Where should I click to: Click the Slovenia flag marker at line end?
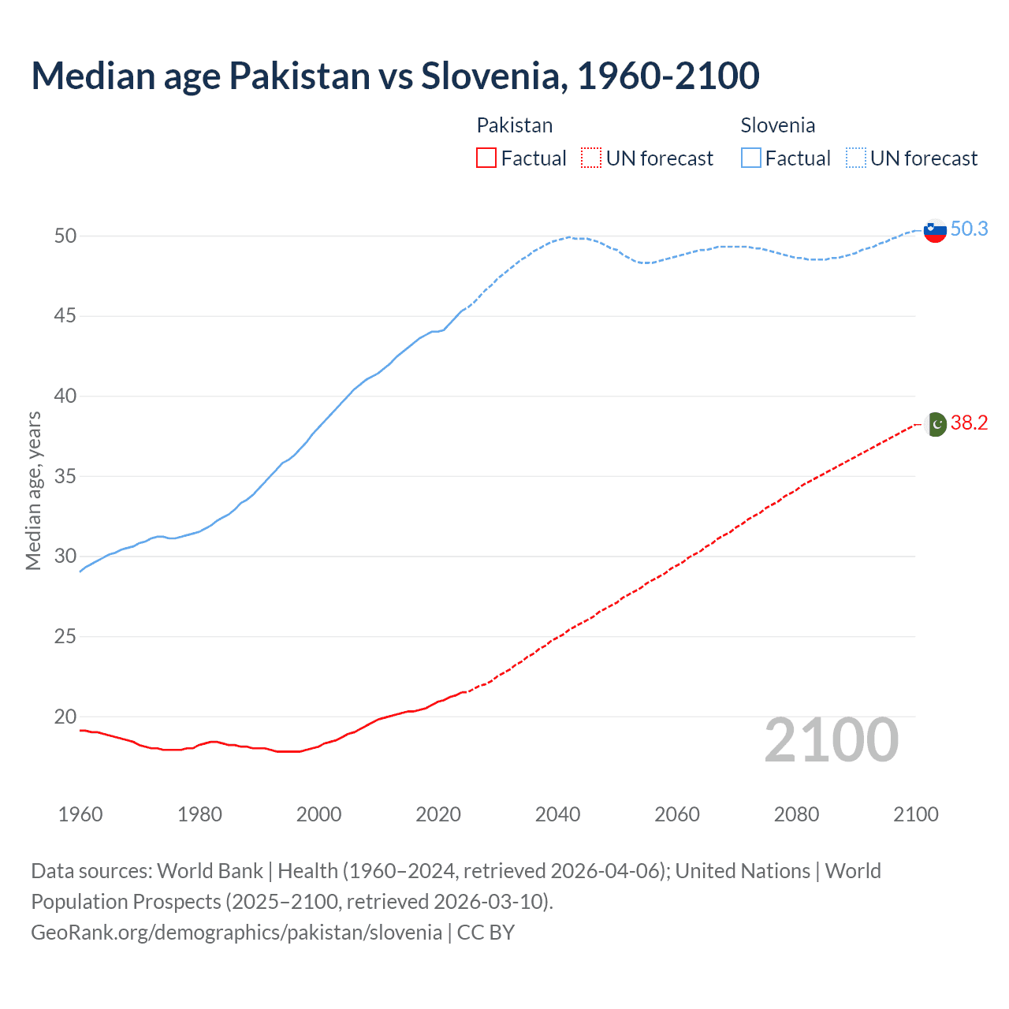934,230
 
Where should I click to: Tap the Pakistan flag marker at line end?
935,424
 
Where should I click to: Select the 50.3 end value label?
969,229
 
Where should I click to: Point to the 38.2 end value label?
969,423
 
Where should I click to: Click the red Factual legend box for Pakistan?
486,158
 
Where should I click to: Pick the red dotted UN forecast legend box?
591,158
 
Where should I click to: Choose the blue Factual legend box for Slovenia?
751,158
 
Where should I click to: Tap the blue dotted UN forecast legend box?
856,158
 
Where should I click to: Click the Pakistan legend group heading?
515,125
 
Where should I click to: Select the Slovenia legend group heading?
777,125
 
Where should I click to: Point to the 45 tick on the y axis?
65,316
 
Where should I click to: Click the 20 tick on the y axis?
65,717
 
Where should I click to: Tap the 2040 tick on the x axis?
557,814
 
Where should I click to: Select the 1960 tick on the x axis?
80,814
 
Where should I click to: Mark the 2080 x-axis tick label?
796,814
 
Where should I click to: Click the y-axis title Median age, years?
33,490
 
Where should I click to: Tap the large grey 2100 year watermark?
832,740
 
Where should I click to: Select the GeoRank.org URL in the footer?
236,933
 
